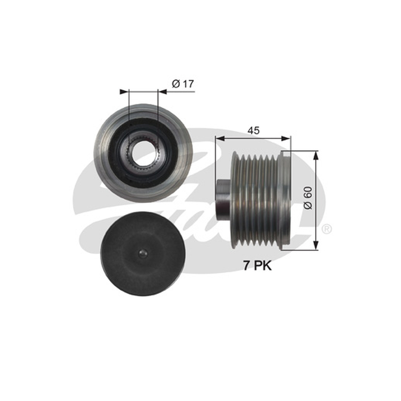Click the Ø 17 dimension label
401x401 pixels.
point(183,84)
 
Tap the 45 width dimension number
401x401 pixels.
point(254,130)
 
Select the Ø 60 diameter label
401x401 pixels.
point(308,198)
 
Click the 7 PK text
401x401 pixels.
point(257,266)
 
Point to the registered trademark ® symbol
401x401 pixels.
point(326,229)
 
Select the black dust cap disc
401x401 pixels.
point(143,254)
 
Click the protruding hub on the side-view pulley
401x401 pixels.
point(224,199)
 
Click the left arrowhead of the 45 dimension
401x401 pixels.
point(220,139)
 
